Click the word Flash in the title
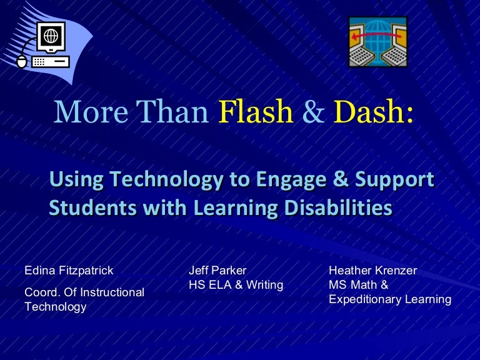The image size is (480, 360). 256,113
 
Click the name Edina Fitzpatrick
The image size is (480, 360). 69,271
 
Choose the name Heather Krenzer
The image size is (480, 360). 372,271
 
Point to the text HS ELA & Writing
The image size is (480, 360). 236,285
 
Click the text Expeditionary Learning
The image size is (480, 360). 389,299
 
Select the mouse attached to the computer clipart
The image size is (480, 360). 22,61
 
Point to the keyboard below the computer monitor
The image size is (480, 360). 49,61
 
